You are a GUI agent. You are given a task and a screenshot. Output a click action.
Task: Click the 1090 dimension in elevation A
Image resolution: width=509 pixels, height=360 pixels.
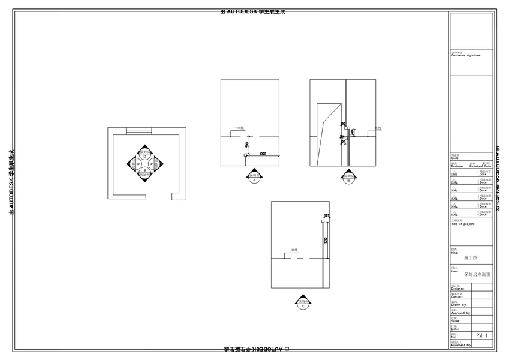click(263, 154)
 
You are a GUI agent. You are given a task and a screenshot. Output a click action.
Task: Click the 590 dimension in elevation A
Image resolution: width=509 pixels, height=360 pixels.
click(247, 145)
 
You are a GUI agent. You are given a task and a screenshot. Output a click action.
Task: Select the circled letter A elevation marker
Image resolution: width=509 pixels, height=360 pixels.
click(254, 179)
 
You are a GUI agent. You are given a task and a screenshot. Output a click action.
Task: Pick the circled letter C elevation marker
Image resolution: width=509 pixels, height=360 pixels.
click(304, 306)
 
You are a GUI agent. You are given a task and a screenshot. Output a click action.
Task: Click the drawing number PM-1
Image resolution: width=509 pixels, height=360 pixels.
click(482, 335)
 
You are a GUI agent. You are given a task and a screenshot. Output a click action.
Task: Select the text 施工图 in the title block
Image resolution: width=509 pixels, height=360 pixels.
click(471, 257)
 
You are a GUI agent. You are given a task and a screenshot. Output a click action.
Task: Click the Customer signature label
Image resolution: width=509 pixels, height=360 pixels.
click(466, 55)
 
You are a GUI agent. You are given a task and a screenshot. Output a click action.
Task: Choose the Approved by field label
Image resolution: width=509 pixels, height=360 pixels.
click(460, 313)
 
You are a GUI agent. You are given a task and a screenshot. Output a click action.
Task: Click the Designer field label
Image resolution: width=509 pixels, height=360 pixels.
click(457, 289)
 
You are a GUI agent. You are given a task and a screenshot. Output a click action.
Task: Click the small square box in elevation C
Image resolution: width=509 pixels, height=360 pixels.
click(323, 221)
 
